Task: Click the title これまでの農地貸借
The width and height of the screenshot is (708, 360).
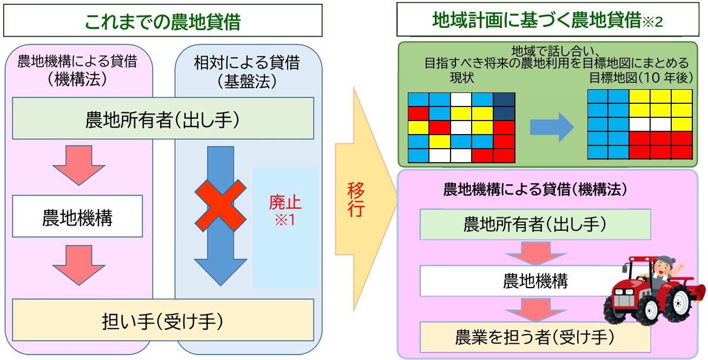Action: click(x=163, y=22)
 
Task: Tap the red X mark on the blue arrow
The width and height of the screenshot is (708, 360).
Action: click(x=220, y=205)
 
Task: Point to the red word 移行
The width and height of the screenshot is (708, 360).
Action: click(x=356, y=199)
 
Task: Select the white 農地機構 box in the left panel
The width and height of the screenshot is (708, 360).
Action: click(x=77, y=216)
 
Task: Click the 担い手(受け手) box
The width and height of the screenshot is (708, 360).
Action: click(x=163, y=320)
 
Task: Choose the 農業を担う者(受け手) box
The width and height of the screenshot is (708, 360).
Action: click(x=535, y=337)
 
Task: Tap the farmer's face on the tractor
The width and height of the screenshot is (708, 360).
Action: click(x=661, y=269)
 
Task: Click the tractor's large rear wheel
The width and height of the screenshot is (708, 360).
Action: click(x=677, y=303)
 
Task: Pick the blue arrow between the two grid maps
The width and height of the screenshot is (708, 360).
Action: click(x=552, y=127)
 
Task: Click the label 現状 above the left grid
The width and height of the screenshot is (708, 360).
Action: click(x=462, y=78)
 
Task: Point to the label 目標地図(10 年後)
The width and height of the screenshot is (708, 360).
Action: click(x=641, y=78)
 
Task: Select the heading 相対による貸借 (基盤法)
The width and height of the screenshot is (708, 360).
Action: click(x=247, y=71)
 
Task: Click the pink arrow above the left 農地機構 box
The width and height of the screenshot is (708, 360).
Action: click(x=79, y=165)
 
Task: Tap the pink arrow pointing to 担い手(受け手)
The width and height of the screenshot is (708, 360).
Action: click(x=79, y=265)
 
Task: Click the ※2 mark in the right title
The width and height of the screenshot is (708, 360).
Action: click(x=653, y=22)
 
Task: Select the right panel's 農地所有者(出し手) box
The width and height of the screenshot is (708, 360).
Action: click(x=535, y=224)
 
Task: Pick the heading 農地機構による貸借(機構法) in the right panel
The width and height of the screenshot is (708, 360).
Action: click(x=535, y=189)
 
